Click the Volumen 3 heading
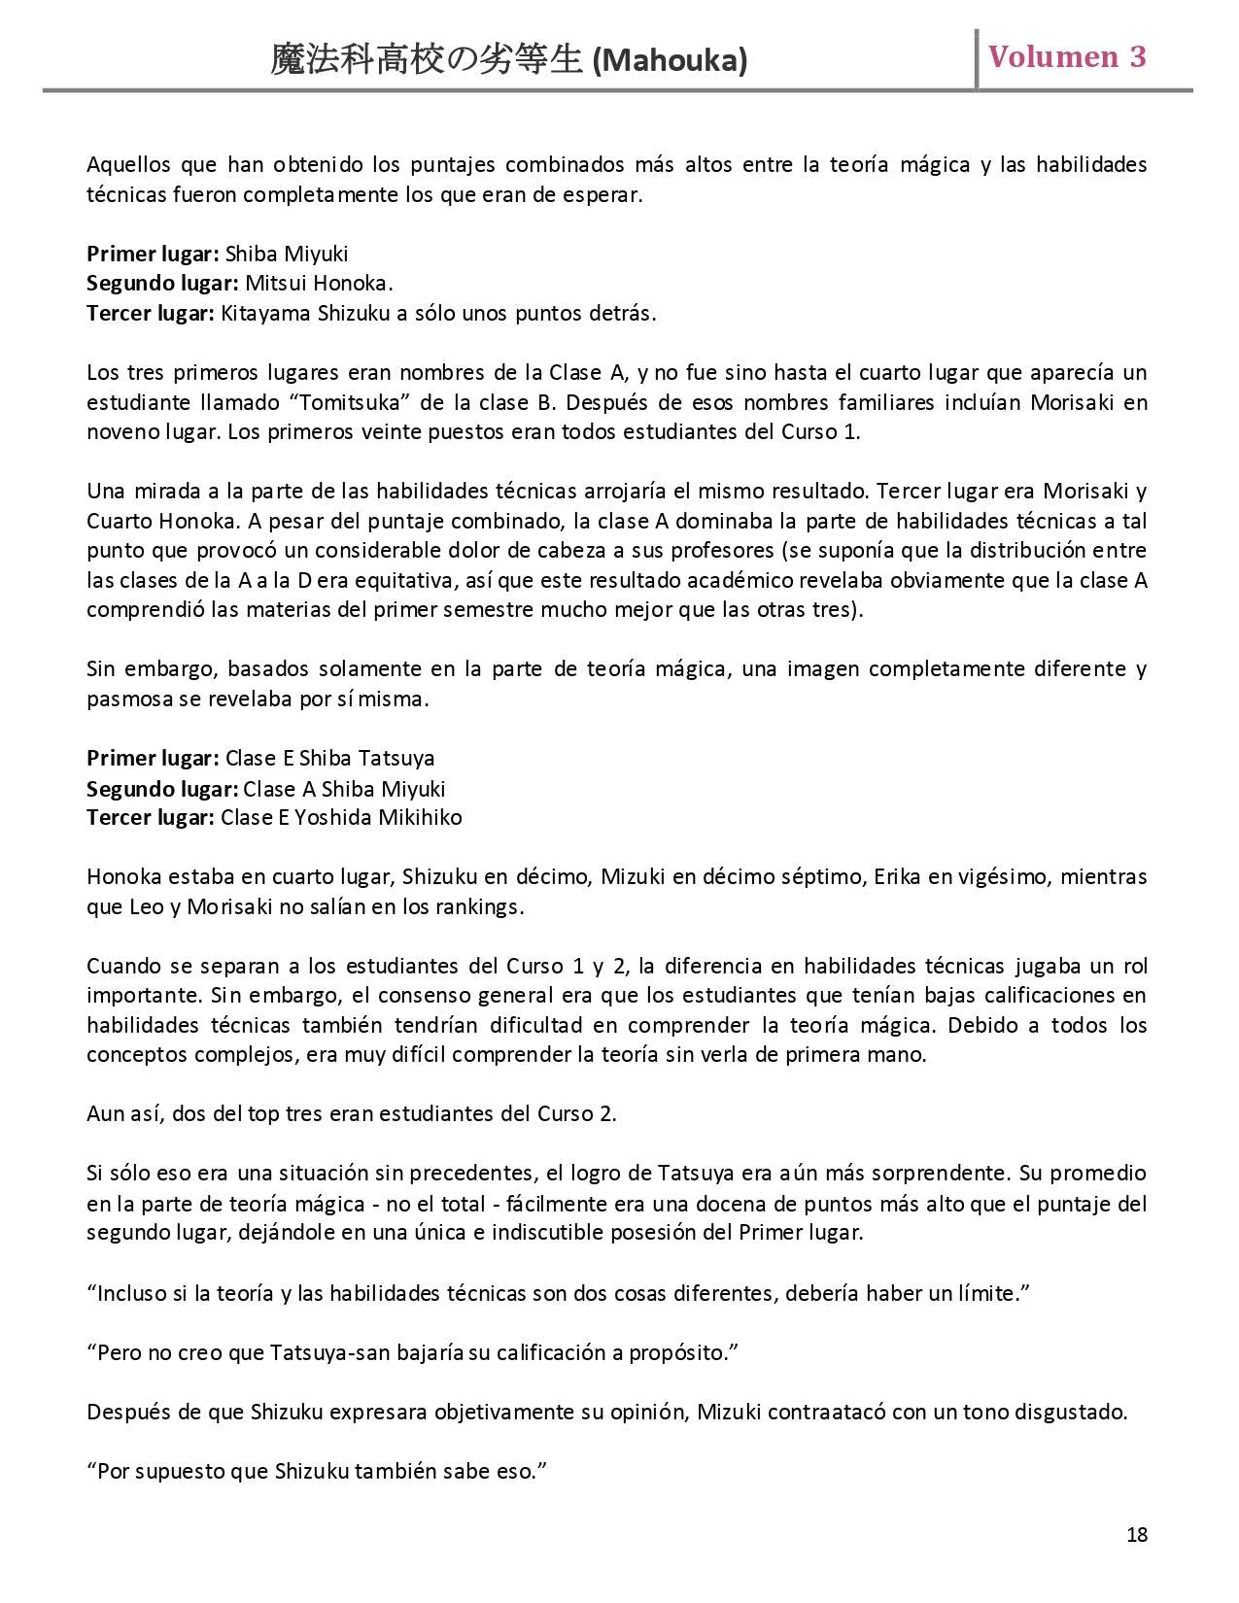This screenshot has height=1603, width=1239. pyautogui.click(x=1067, y=57)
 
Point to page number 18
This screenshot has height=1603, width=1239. pyautogui.click(x=1137, y=1535)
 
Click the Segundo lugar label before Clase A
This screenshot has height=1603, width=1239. pyautogui.click(x=161, y=789)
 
